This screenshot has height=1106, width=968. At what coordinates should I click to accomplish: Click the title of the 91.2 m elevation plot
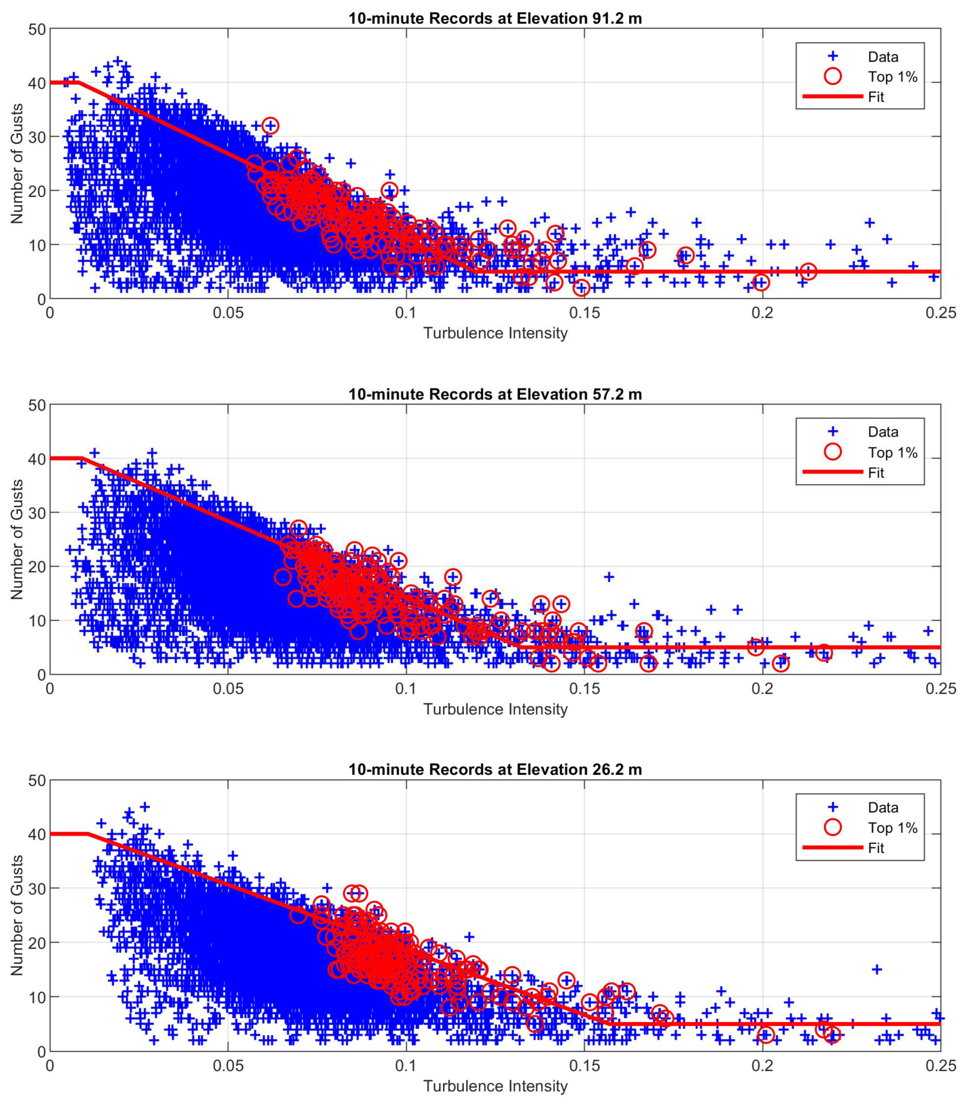point(495,18)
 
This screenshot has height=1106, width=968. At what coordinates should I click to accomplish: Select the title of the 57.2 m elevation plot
point(495,394)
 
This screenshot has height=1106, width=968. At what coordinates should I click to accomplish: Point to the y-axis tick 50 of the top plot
point(37,29)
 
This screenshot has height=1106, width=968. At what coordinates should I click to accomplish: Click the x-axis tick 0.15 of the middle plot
point(585,689)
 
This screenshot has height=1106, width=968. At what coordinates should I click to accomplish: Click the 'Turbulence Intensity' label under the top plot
point(495,333)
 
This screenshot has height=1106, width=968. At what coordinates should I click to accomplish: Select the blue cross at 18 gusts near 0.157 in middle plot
point(609,576)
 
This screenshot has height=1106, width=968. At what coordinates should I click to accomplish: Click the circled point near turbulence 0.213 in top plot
point(808,271)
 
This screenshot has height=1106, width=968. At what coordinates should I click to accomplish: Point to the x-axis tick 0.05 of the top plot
point(227,313)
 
